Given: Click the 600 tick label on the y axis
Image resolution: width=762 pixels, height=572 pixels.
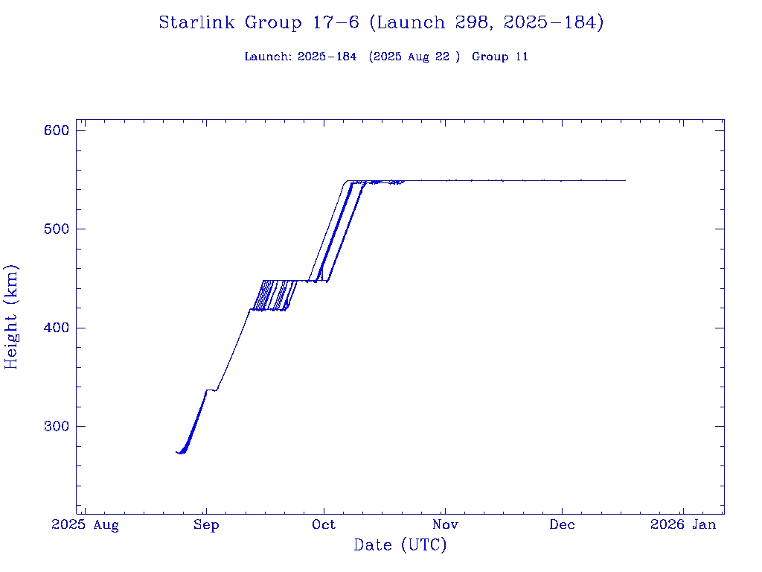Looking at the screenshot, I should (57, 130).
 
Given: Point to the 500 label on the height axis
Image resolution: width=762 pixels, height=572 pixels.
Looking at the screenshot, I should (57, 229).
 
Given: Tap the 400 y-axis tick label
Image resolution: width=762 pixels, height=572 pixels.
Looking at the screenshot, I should (57, 328).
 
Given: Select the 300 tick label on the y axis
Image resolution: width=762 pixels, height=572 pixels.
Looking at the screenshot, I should (57, 426).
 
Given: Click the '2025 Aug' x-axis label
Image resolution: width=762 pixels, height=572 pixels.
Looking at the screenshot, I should (85, 525).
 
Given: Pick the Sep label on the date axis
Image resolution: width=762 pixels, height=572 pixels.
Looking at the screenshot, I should (206, 525).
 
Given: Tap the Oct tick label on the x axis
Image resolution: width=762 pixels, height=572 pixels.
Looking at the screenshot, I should (324, 525).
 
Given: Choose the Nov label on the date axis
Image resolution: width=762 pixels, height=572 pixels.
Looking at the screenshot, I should (444, 525).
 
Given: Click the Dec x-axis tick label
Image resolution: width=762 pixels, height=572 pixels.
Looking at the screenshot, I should (562, 525).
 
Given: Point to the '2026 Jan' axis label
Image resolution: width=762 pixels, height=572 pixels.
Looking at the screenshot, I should (683, 525).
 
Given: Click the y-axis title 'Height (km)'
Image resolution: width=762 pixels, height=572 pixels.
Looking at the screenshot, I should (11, 317).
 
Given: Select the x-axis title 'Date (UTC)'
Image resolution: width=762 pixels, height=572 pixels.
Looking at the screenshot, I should (400, 546).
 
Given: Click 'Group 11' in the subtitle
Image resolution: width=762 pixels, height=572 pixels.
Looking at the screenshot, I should (500, 57).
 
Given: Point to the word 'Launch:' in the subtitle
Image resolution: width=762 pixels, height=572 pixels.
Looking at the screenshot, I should (267, 57).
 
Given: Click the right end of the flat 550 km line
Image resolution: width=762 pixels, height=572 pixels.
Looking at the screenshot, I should (625, 181).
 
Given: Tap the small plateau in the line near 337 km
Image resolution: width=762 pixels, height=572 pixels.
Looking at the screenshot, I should (211, 390).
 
